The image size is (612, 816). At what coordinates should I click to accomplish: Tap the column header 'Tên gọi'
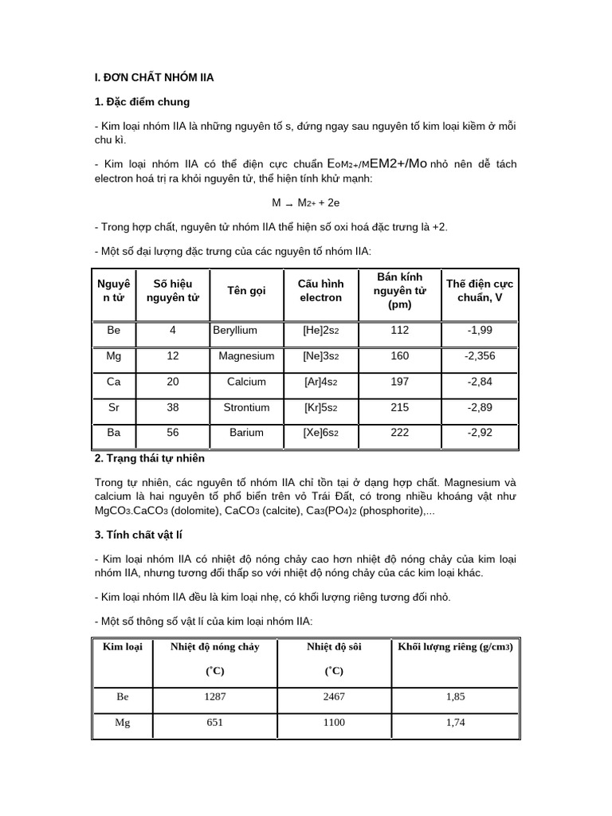coord(246,290)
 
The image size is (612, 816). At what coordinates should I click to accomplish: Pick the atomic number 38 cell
coord(173,407)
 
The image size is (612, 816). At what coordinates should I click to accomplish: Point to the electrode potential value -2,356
coord(480,355)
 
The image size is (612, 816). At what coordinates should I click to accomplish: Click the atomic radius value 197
coord(399,382)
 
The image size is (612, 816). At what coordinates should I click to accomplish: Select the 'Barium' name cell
coord(246,433)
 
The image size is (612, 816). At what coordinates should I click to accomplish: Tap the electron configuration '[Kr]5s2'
coord(320,407)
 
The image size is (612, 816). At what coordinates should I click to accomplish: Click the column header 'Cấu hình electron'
coord(320,290)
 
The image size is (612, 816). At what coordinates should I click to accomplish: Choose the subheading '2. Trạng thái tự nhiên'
coord(149,458)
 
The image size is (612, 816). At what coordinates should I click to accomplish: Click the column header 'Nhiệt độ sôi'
coord(334,646)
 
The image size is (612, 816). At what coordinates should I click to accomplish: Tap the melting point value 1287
coord(215,696)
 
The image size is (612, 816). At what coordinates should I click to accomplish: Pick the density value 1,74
coord(455,723)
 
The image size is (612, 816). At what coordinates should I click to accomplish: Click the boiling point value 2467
coord(334,696)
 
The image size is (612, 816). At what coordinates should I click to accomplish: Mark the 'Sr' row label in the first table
coord(114,407)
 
